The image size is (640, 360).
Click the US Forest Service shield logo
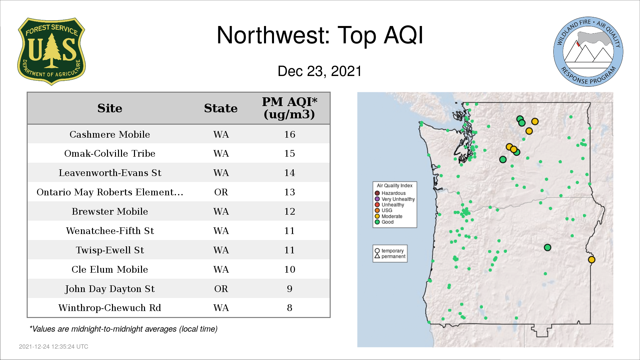(x=51, y=51)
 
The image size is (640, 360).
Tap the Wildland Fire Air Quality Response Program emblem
(x=588, y=52)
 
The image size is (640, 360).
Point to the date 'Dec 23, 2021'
(x=320, y=71)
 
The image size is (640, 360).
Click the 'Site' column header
(x=110, y=108)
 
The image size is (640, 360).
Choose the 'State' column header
(x=221, y=108)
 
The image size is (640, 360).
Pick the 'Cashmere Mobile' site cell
(x=110, y=134)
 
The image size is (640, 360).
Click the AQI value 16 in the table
(x=290, y=134)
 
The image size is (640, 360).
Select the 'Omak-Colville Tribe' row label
(x=110, y=153)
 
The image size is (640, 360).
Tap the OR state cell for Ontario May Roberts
(x=221, y=192)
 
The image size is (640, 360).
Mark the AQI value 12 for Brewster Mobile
(x=290, y=211)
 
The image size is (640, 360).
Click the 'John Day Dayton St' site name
(x=110, y=289)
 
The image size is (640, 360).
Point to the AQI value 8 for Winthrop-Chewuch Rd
(x=290, y=308)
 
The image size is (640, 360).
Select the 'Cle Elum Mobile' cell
(x=110, y=269)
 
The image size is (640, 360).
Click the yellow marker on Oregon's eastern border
(x=592, y=260)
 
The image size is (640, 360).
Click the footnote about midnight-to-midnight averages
(x=123, y=329)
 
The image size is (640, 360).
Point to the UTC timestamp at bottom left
(x=54, y=347)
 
